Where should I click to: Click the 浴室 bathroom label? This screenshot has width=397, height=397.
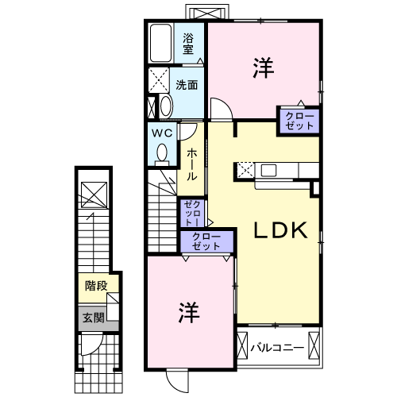188,43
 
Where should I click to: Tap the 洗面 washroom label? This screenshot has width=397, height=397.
187,85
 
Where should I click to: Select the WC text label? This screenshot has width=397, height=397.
163,132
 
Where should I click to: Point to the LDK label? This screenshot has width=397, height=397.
279,230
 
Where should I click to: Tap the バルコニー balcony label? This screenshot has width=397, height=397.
279,346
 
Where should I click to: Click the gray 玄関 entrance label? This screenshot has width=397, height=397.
93,318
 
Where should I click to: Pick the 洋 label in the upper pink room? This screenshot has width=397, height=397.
264,69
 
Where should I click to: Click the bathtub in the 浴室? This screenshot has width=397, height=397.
160,44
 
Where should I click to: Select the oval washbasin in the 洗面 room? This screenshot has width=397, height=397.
165,106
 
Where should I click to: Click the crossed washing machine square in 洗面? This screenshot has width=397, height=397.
159,82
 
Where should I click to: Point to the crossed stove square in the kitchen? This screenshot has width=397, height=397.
245,168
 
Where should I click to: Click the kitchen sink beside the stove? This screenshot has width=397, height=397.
268,169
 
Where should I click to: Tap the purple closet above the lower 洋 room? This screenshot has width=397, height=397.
207,242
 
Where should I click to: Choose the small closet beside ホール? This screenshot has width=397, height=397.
192,212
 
